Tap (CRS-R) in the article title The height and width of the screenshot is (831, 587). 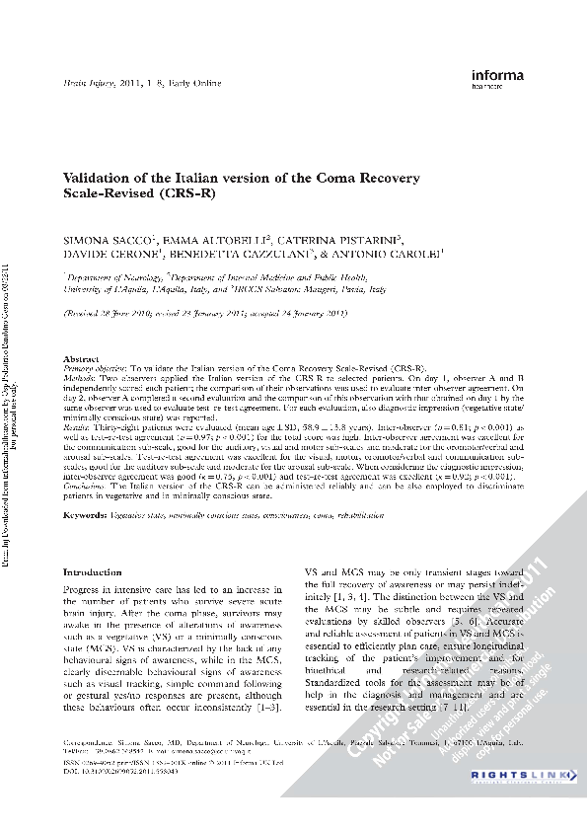(188, 194)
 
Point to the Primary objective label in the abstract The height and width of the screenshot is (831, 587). (96, 365)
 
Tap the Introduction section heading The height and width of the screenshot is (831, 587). (92, 572)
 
